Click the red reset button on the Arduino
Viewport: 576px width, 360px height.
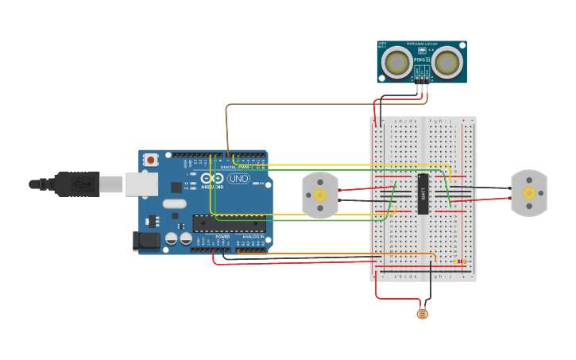(x=150, y=160)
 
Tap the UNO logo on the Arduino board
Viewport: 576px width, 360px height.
(x=238, y=179)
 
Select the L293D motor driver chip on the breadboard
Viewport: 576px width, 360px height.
(x=423, y=194)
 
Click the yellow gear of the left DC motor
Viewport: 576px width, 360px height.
(x=320, y=195)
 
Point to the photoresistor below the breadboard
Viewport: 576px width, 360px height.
(x=422, y=314)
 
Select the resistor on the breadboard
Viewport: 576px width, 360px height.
(x=460, y=261)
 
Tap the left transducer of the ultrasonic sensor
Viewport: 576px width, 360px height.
(x=396, y=61)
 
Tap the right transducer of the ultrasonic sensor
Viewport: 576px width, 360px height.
(x=446, y=61)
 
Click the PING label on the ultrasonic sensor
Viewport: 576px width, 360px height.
(x=421, y=59)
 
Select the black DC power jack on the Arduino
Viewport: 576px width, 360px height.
(x=146, y=241)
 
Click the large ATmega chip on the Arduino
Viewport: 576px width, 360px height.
(x=229, y=223)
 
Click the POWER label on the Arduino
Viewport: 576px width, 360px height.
(x=222, y=236)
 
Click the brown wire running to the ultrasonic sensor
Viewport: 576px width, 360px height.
(x=302, y=104)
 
